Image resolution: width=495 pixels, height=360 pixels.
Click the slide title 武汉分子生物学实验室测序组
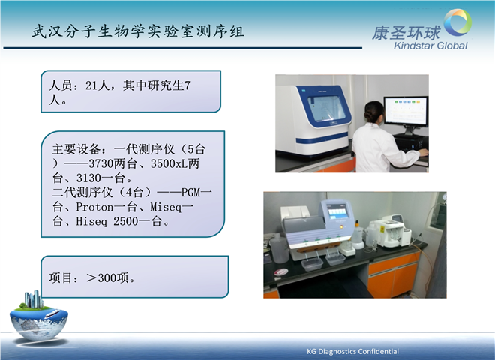tap(138, 32)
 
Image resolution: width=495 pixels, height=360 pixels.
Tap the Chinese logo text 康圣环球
tap(406, 33)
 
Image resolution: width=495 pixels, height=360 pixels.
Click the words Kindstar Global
tap(430, 46)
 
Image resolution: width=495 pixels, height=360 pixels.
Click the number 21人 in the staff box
tap(97, 85)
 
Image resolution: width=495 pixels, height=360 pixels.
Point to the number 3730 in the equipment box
tap(100, 163)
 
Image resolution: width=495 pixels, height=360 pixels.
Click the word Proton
tap(94, 207)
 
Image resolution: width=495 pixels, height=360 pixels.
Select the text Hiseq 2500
tap(106, 221)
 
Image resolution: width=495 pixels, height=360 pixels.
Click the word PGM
tap(190, 193)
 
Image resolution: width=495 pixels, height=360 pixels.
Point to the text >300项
tap(107, 278)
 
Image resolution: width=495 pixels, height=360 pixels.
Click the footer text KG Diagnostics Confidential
tap(352, 351)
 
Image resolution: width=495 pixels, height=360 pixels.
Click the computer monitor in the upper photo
tap(406, 111)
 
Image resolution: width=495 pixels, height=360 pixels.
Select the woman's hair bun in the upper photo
tap(368, 115)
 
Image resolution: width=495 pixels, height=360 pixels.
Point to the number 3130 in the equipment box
tap(88, 178)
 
